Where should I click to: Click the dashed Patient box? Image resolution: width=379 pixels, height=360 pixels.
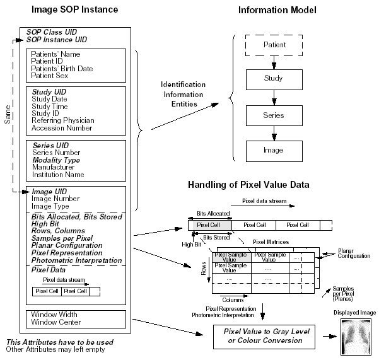274,45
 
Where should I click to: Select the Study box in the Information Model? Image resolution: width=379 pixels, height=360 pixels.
274,79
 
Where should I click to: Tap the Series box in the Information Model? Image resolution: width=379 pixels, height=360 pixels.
274,115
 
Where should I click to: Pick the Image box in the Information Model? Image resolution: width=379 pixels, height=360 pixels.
274,150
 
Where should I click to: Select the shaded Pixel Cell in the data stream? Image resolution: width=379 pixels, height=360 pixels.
209,224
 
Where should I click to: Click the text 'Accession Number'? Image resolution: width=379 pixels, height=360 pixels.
62,128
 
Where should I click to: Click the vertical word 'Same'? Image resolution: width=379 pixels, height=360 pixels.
8,114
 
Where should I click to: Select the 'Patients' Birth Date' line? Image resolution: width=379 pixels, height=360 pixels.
62,68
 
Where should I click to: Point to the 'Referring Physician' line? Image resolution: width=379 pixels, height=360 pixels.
62,120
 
